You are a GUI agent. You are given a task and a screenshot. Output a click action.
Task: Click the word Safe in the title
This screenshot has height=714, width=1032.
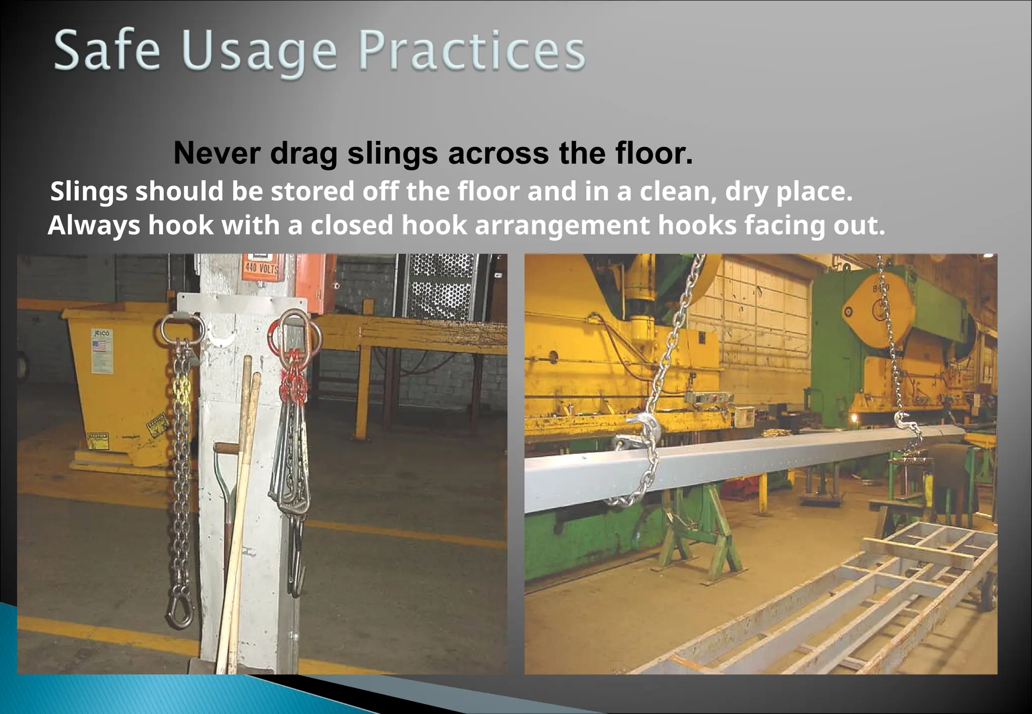pos(107,50)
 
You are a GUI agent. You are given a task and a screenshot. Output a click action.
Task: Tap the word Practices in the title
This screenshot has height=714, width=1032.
pos(472,50)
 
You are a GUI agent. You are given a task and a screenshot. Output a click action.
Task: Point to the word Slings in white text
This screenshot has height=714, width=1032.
pos(89,192)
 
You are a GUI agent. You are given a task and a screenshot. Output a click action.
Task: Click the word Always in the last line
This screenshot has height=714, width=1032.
pos(94,225)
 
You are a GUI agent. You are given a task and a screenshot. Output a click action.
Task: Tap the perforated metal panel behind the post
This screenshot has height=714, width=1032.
pos(442,287)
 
